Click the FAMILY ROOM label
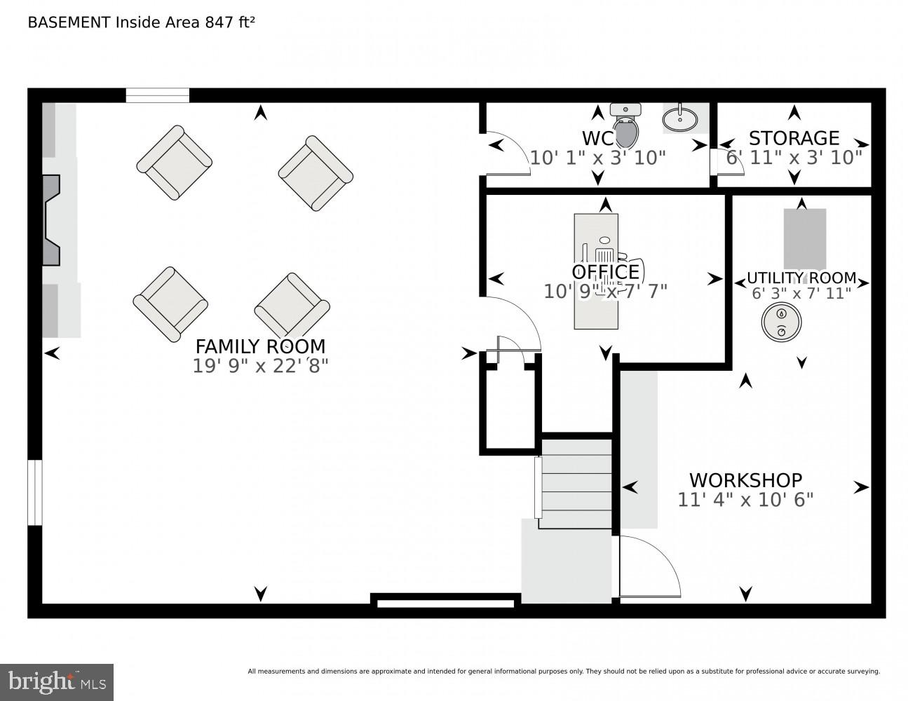(x=260, y=346)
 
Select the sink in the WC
(x=681, y=118)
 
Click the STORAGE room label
(x=794, y=137)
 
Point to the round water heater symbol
(x=781, y=323)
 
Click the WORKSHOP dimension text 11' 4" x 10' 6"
(x=745, y=500)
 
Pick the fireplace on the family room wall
(x=52, y=220)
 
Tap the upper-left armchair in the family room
(x=174, y=163)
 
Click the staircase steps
(x=575, y=484)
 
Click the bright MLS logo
(x=57, y=682)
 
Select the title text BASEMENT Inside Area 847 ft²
(x=141, y=22)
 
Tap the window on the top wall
(x=158, y=96)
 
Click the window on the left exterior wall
(x=35, y=492)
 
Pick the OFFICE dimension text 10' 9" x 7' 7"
(x=605, y=291)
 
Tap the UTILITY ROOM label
(x=801, y=278)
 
